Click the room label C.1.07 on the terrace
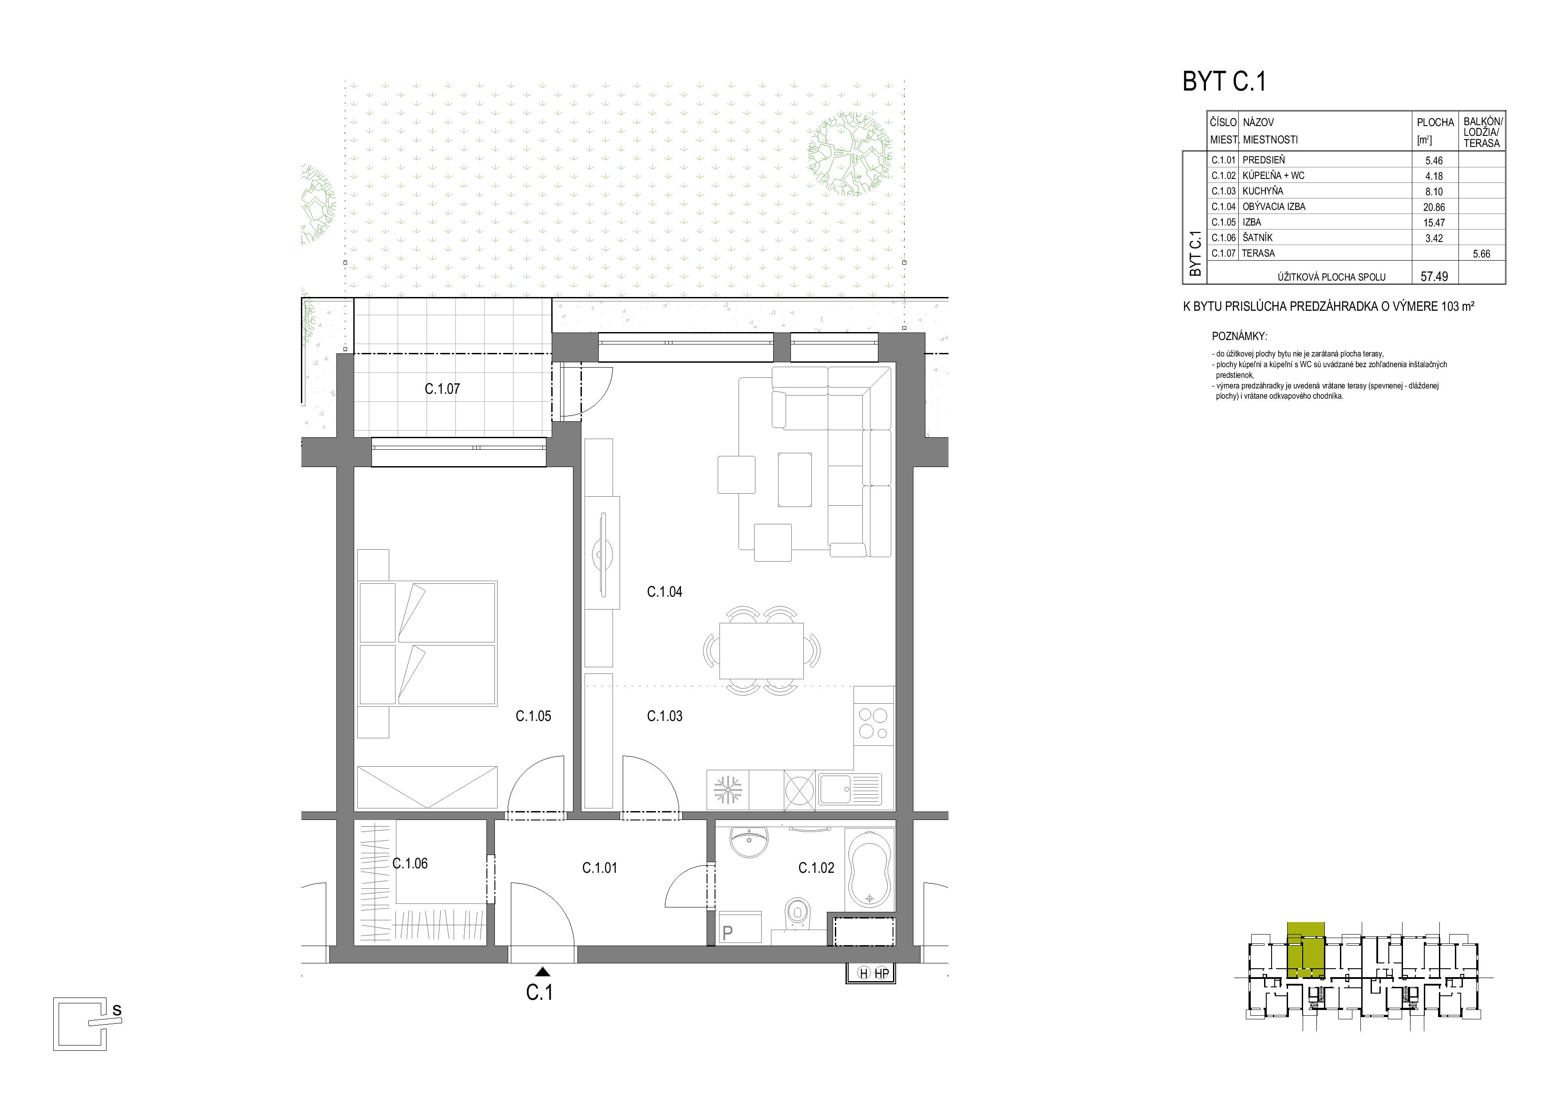pos(442,389)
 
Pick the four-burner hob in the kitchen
pos(873,723)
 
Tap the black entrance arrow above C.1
pos(542,971)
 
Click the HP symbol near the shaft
pos(881,974)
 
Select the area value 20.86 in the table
pos(1434,207)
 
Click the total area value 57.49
pos(1434,277)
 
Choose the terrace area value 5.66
pos(1482,253)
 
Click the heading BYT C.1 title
pos(1224,81)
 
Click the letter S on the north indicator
pos(117,1010)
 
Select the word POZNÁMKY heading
pos(1239,337)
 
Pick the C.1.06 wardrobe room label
pos(410,863)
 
